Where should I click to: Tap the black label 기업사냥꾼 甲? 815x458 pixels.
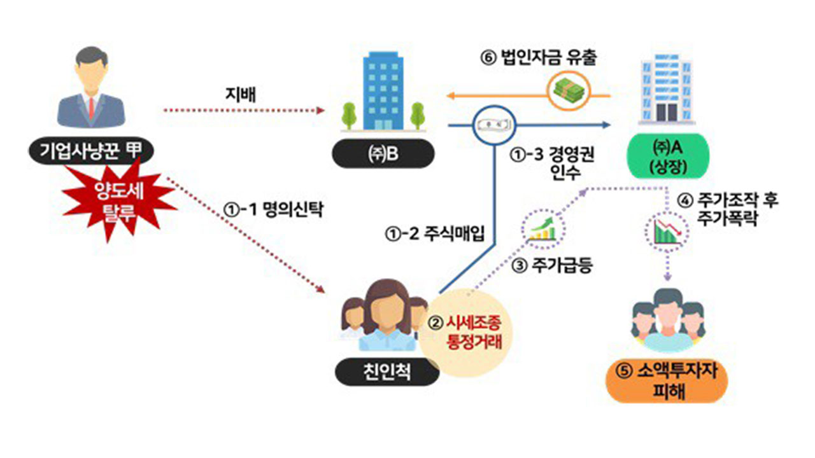pyautogui.click(x=92, y=151)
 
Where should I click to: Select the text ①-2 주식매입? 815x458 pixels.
pyautogui.click(x=435, y=233)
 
